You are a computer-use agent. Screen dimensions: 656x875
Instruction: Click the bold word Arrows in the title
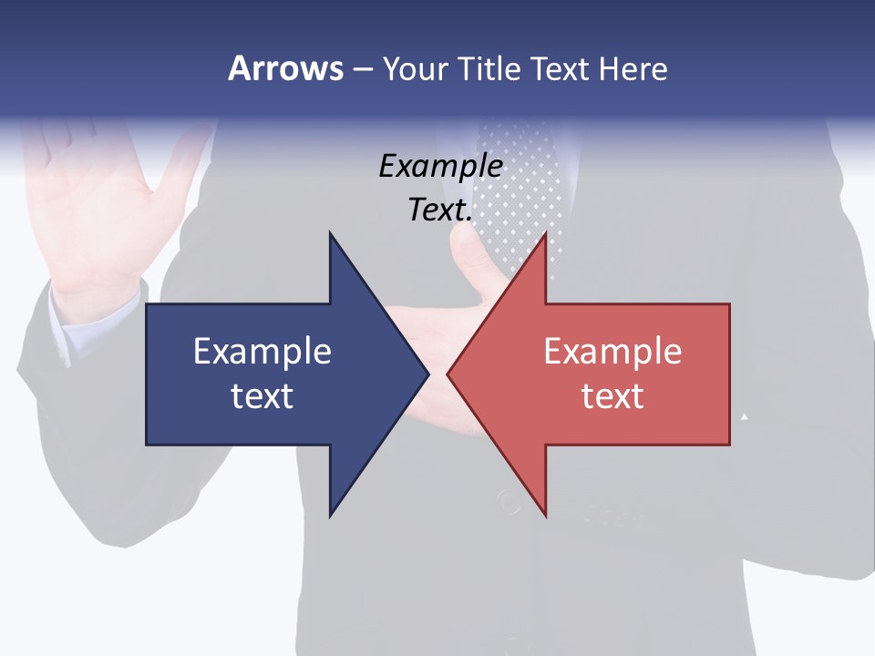(x=285, y=68)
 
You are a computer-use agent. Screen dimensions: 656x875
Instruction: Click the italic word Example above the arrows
(x=440, y=166)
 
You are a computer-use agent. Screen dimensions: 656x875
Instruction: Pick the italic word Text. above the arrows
(x=440, y=210)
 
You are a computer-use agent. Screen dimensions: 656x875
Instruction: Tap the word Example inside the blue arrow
(x=262, y=352)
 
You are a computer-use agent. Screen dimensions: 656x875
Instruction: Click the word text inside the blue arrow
(x=262, y=396)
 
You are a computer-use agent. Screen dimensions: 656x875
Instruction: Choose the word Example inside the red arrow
(x=612, y=352)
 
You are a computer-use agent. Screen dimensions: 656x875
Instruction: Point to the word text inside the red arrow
(x=612, y=396)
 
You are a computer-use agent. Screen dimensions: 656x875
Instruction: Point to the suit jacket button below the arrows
(x=507, y=500)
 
